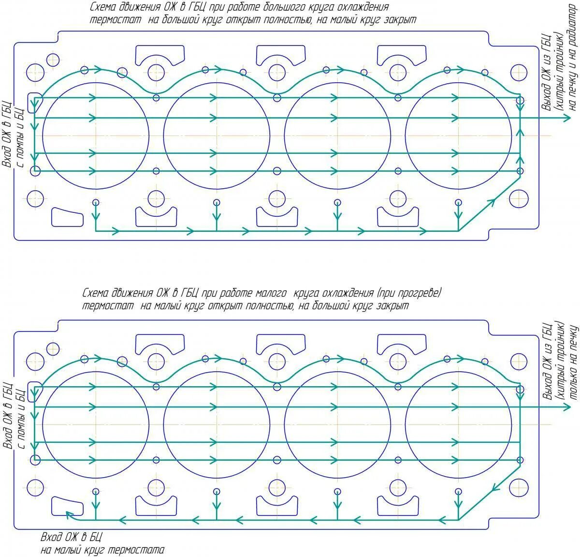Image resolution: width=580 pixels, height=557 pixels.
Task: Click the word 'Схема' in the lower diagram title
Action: pos(95,293)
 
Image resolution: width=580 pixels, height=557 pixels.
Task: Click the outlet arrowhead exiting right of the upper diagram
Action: pos(566,118)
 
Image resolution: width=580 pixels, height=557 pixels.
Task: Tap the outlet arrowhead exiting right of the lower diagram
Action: pos(566,407)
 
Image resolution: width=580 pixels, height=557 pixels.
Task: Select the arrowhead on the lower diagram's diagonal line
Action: pos(492,490)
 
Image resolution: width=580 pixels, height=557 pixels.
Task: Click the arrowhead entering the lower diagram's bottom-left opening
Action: pos(69,514)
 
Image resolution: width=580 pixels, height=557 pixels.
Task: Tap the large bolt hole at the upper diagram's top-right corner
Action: pos(519,73)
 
